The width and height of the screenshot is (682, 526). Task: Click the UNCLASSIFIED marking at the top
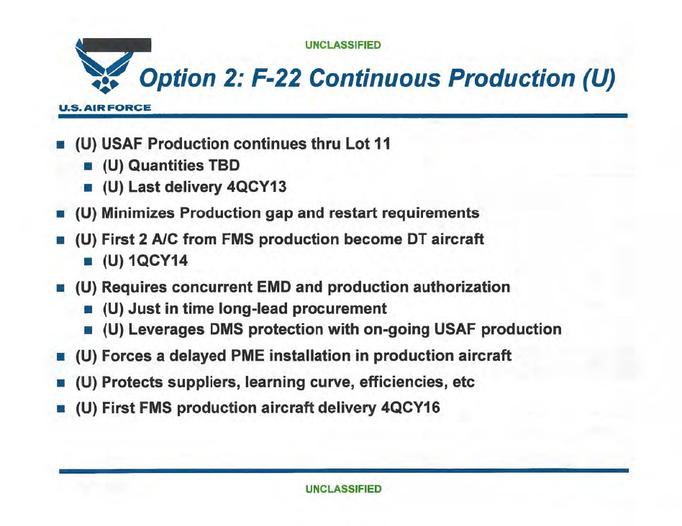pyautogui.click(x=343, y=45)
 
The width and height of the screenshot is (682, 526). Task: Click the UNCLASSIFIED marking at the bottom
pyautogui.click(x=343, y=489)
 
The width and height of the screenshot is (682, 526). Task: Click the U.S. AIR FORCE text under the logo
pyautogui.click(x=105, y=108)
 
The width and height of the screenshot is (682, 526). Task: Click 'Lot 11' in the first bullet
pyautogui.click(x=368, y=144)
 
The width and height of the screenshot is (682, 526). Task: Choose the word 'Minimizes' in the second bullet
pyautogui.click(x=138, y=213)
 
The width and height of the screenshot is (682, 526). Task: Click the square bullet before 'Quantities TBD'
pyautogui.click(x=88, y=166)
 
